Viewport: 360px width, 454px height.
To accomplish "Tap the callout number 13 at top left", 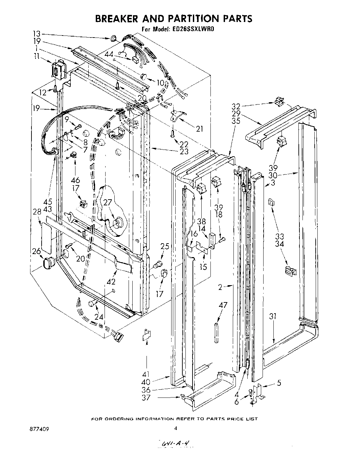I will [37, 33].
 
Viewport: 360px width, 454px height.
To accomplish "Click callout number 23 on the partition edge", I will [184, 151].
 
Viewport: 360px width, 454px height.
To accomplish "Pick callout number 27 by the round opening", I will [108, 203].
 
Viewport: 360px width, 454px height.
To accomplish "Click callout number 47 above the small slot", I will [223, 305].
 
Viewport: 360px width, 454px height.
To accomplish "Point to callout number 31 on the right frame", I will [273, 317].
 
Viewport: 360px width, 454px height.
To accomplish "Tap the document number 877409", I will [39, 428].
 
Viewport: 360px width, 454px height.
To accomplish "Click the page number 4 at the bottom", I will [175, 428].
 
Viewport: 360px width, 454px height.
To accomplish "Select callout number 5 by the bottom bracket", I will [279, 383].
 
